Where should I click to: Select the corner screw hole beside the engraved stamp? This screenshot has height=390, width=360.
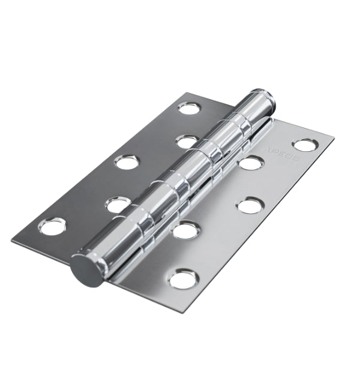pyautogui.click(x=305, y=145)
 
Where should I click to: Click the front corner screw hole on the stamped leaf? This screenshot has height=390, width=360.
pyautogui.click(x=183, y=279)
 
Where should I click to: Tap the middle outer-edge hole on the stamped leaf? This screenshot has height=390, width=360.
pyautogui.click(x=250, y=206)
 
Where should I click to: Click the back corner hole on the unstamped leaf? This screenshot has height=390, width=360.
pyautogui.click(x=190, y=108)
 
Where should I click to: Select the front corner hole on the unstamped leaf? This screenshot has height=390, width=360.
pyautogui.click(x=52, y=226)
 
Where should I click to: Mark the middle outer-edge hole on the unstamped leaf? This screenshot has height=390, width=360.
pyautogui.click(x=127, y=162)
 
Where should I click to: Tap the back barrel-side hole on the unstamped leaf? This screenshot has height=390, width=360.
pyautogui.click(x=187, y=142)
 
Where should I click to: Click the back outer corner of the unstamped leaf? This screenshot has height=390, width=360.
pyautogui.click(x=187, y=93)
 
